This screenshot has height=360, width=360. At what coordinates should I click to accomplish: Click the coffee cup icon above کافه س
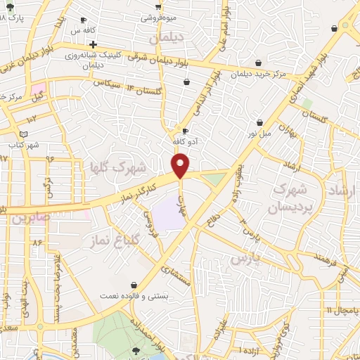coord(84,20)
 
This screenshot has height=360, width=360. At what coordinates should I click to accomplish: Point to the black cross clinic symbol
coord(92,44)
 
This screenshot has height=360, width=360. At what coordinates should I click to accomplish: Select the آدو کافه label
coord(184,141)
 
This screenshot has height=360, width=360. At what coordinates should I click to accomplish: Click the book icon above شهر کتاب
coord(24,134)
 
